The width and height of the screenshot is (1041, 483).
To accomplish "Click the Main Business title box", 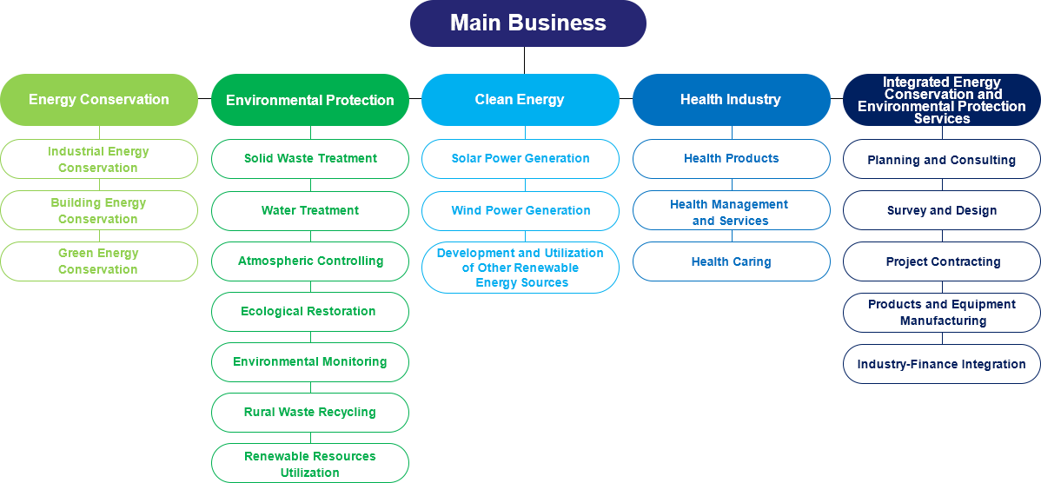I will (x=527, y=23).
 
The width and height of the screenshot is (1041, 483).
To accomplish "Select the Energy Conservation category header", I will (x=99, y=99).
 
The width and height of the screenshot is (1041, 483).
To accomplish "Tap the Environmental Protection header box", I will (x=310, y=100).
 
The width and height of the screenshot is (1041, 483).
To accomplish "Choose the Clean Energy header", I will (x=520, y=99).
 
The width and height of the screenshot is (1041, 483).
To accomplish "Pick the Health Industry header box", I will (x=731, y=99).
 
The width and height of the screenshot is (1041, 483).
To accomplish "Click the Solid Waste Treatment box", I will (x=310, y=159).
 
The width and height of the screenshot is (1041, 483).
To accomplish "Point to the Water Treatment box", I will (x=310, y=210).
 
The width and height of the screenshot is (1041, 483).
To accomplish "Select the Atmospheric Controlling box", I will (x=310, y=261).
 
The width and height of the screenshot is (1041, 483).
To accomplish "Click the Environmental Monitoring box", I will (x=310, y=361).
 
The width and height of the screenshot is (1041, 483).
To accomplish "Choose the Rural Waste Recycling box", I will (x=310, y=412).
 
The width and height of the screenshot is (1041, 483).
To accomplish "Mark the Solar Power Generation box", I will (x=520, y=159).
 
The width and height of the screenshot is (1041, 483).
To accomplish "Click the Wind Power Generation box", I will (x=520, y=210).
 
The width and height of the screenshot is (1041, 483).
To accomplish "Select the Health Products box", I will (x=731, y=159).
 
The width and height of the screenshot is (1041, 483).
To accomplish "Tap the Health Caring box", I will (x=731, y=261).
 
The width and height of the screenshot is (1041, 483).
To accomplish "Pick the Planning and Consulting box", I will (x=942, y=160).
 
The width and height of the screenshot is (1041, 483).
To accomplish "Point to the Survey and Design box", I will (x=942, y=210).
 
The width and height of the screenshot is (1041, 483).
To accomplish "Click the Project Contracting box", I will (x=942, y=261).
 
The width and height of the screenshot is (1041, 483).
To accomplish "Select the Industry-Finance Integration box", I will (x=942, y=364).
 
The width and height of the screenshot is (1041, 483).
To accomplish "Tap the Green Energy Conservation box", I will (x=99, y=261).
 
